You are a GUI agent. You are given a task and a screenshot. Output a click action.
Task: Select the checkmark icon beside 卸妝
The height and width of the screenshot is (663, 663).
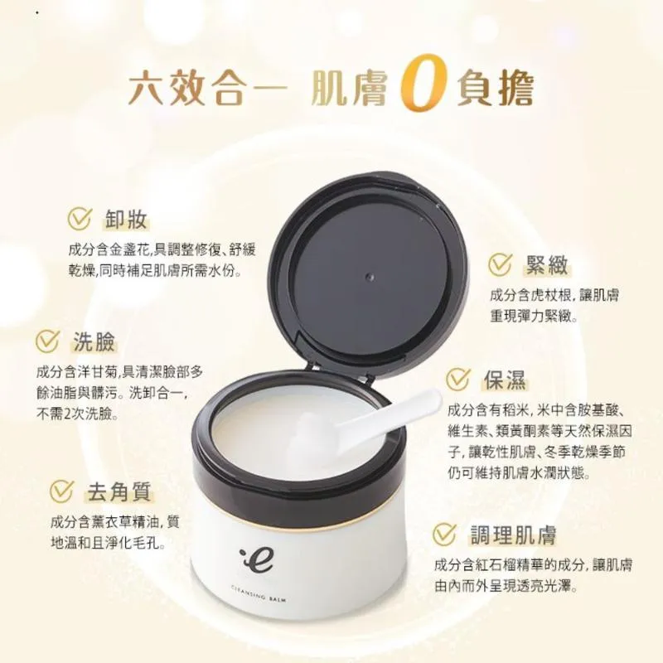pos(80,219)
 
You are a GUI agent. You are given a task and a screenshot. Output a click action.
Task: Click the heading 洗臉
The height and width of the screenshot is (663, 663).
pos(94,341)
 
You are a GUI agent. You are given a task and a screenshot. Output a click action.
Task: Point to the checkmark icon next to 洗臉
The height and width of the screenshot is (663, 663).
pos(47,341)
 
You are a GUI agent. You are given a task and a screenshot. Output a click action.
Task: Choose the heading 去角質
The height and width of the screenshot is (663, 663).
pos(119,491)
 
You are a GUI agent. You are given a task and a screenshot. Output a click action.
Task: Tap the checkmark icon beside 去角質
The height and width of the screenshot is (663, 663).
pos(62,491)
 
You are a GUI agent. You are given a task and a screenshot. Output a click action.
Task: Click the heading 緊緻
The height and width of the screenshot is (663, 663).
pos(546,264)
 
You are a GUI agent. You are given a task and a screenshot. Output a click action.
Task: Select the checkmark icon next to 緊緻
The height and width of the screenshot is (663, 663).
pos(501,264)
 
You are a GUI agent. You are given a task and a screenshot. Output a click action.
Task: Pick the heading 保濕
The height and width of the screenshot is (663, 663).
pos(505,380)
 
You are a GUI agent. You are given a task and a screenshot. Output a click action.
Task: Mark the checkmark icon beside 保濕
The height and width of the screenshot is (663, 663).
pos(458,379)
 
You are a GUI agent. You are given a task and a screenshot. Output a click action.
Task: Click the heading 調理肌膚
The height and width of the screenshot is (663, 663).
pos(513,535)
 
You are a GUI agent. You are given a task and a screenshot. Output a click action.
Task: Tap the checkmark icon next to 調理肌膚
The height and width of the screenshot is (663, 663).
pos(445,535)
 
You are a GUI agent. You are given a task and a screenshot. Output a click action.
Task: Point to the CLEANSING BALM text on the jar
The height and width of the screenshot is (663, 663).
pos(259,593)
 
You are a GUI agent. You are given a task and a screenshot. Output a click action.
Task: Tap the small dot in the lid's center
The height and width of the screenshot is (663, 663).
pos(370,277)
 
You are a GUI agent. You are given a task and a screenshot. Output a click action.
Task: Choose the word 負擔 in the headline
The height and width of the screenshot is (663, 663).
pos(496,90)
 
